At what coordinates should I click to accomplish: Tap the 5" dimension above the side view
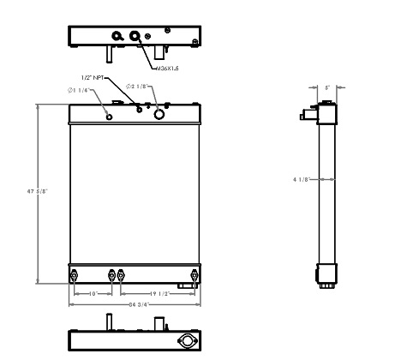pos(326,87)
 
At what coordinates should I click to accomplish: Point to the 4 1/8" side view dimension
pos(301,179)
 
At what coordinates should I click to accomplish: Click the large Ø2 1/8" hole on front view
pos(159,113)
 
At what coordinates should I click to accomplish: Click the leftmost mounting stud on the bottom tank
pos(75,275)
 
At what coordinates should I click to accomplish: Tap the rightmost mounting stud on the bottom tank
pos(195,275)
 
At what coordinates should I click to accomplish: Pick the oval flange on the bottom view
pos(186,340)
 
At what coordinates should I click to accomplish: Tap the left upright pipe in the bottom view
pos(110,321)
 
